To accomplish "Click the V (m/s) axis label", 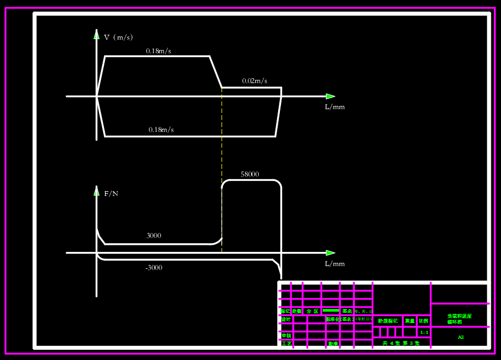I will [118, 37].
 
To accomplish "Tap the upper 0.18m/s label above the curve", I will [159, 51].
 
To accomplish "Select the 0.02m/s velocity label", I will [254, 81].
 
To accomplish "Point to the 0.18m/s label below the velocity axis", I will [161, 130].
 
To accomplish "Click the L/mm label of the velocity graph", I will [335, 107].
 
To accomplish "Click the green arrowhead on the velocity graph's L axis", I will [330, 97].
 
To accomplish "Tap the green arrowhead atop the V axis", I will [97, 36].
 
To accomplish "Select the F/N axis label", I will [111, 194].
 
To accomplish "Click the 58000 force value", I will [250, 175].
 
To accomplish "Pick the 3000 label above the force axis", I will [154, 236].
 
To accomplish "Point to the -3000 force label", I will [154, 268].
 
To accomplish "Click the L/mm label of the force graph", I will [335, 264].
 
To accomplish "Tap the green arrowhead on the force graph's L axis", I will [330, 253].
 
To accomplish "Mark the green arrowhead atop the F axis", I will [97, 192].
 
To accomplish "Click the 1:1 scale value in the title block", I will [424, 332].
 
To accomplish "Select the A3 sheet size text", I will [461, 337].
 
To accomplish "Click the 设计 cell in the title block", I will [286, 319].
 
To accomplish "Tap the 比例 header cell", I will [423, 321].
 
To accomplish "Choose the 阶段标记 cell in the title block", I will [388, 321].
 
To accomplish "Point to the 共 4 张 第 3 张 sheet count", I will [401, 343].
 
